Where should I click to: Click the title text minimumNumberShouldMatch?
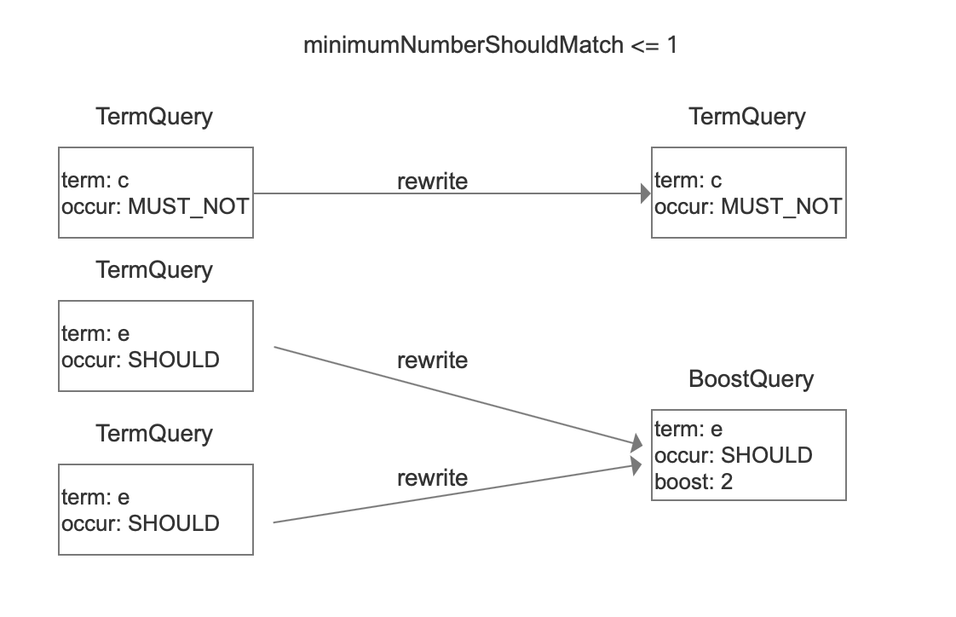464,45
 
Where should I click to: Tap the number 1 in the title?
672,44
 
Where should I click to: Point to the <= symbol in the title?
645,45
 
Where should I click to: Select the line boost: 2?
694,481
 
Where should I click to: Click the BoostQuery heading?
751,378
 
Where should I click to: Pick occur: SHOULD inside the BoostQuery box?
733,455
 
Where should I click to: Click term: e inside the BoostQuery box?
688,429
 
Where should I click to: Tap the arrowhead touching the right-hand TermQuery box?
646,193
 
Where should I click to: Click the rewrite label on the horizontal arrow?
432,181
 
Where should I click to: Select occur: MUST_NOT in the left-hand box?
155,207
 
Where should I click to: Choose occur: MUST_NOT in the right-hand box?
748,207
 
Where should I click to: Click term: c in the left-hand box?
95,180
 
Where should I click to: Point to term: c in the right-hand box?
688,180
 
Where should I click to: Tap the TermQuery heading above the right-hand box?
747,117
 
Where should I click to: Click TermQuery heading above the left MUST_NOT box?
154,117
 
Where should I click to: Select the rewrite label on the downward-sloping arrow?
432,360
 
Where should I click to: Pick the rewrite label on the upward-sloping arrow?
432,478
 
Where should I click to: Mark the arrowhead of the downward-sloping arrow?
637,442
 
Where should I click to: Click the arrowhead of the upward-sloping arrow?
636,465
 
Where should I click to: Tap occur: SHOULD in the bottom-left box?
141,523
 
